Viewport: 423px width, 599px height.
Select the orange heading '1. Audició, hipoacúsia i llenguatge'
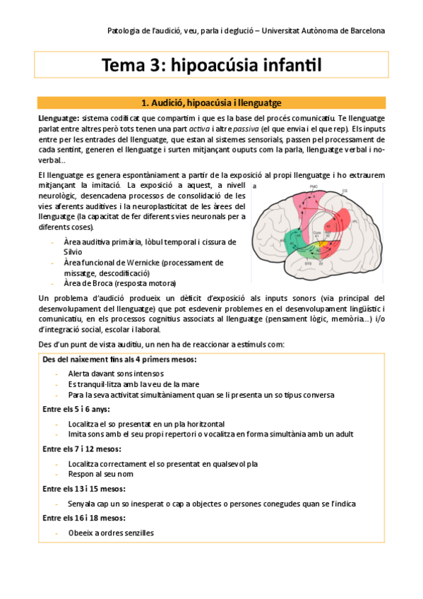212,102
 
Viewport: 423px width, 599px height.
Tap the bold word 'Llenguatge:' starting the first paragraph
58,117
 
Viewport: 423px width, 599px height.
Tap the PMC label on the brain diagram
314,186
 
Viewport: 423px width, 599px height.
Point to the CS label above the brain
345,191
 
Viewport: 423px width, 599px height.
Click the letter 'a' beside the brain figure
254,186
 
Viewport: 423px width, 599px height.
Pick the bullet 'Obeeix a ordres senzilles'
111,533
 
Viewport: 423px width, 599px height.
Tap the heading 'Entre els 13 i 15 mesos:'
84,489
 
